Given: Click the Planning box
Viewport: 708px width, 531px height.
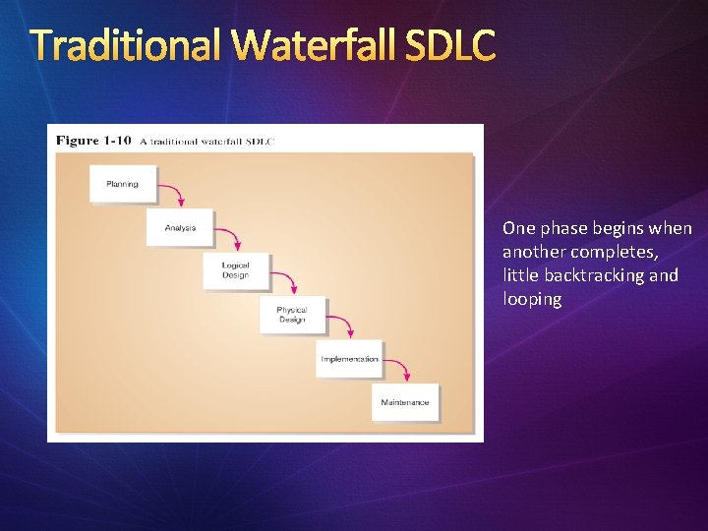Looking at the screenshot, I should tap(123, 184).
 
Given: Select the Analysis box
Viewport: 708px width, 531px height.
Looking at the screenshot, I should tap(180, 227).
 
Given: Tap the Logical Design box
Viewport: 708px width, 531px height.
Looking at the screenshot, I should tap(236, 270).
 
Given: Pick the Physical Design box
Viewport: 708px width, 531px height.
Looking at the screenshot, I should tap(292, 315).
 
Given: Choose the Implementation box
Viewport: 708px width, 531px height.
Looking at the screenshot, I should tap(349, 359).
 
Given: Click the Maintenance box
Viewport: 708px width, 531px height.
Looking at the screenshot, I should tap(405, 402).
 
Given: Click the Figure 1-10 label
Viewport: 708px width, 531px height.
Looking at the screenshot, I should tap(91, 141).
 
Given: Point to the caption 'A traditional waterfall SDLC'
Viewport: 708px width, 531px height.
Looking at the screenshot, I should tap(207, 142).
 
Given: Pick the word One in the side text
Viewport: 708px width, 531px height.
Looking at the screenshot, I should tap(518, 228).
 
